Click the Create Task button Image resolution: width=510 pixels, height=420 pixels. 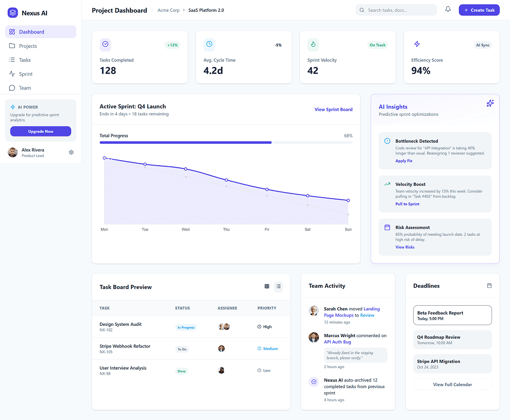point(479,10)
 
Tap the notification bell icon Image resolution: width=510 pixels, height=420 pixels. point(448,9)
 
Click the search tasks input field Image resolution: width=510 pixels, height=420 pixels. point(396,10)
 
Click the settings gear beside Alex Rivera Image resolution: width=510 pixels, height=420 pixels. point(71,152)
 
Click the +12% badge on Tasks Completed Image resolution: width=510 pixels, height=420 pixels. point(173,45)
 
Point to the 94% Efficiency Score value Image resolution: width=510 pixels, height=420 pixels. point(420,71)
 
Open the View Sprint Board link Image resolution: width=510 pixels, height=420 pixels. point(333,110)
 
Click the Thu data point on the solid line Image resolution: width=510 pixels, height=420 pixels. point(226,180)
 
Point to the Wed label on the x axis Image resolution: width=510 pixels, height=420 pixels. point(185,230)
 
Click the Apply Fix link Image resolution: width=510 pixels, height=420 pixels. point(404,161)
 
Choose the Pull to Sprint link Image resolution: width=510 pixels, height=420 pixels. point(407,204)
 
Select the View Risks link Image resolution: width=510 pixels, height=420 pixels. point(405,248)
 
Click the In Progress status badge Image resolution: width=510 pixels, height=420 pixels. point(186,328)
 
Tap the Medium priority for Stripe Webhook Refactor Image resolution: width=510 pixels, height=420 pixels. point(268,349)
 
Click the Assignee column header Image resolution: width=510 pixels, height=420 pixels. point(227,308)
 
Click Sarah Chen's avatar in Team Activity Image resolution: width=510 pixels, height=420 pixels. point(314,310)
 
